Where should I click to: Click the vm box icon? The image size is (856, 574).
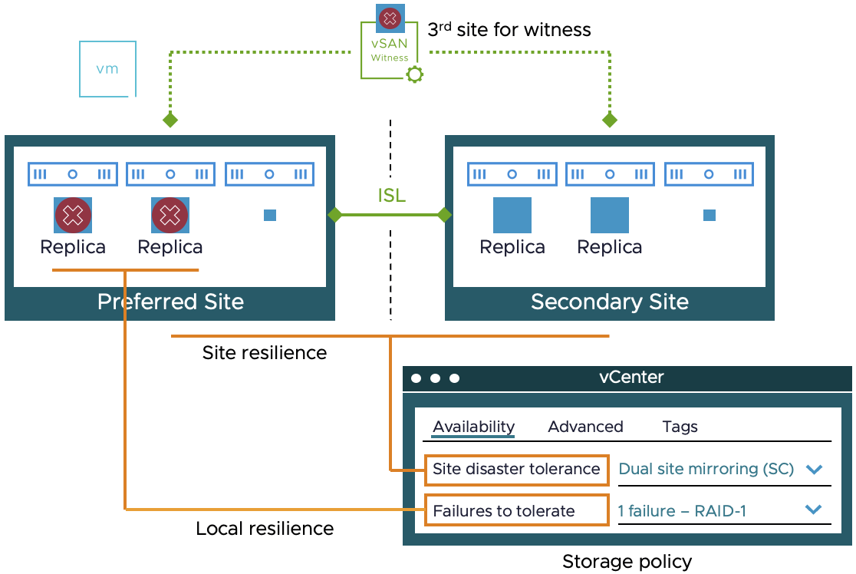pyautogui.click(x=107, y=69)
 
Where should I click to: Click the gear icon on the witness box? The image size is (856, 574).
pyautogui.click(x=415, y=74)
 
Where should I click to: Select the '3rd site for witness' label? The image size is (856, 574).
pyautogui.click(x=509, y=30)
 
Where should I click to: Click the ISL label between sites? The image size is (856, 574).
pyautogui.click(x=391, y=196)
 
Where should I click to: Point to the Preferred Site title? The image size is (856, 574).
pyautogui.click(x=170, y=302)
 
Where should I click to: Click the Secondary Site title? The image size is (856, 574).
pyautogui.click(x=610, y=302)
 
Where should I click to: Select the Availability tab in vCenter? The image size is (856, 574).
pyautogui.click(x=473, y=427)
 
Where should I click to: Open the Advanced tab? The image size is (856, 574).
pyautogui.click(x=585, y=427)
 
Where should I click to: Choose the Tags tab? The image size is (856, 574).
pyautogui.click(x=680, y=427)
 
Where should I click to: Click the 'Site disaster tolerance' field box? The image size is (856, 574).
pyautogui.click(x=516, y=469)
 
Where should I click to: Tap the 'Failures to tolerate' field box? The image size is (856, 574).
pyautogui.click(x=516, y=511)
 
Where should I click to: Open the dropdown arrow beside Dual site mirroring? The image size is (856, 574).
pyautogui.click(x=814, y=469)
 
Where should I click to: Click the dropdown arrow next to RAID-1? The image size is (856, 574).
pyautogui.click(x=814, y=510)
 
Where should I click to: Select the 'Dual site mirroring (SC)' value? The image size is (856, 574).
pyautogui.click(x=706, y=469)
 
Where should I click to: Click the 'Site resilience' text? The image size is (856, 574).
pyautogui.click(x=265, y=353)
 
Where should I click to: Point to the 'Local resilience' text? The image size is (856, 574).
pyautogui.click(x=265, y=529)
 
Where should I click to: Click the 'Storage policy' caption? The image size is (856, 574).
pyautogui.click(x=627, y=562)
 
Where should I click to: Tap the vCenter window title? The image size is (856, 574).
pyautogui.click(x=631, y=378)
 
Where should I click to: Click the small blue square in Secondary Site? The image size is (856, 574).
pyautogui.click(x=709, y=216)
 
